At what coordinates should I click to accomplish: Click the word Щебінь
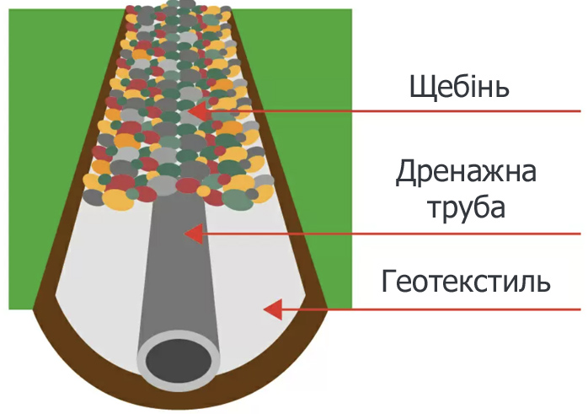pyautogui.click(x=459, y=87)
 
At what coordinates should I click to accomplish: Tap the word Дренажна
pyautogui.click(x=466, y=172)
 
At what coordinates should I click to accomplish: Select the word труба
pyautogui.click(x=467, y=207)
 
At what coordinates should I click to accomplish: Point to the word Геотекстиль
pyautogui.click(x=466, y=281)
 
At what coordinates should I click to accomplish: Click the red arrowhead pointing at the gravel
pyautogui.click(x=198, y=111)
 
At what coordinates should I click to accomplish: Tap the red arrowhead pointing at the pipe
pyautogui.click(x=195, y=234)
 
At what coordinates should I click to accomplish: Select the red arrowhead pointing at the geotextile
pyautogui.click(x=273, y=309)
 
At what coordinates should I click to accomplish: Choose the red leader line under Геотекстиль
pyautogui.click(x=431, y=309)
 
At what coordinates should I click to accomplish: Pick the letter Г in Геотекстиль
pyautogui.click(x=389, y=281)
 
